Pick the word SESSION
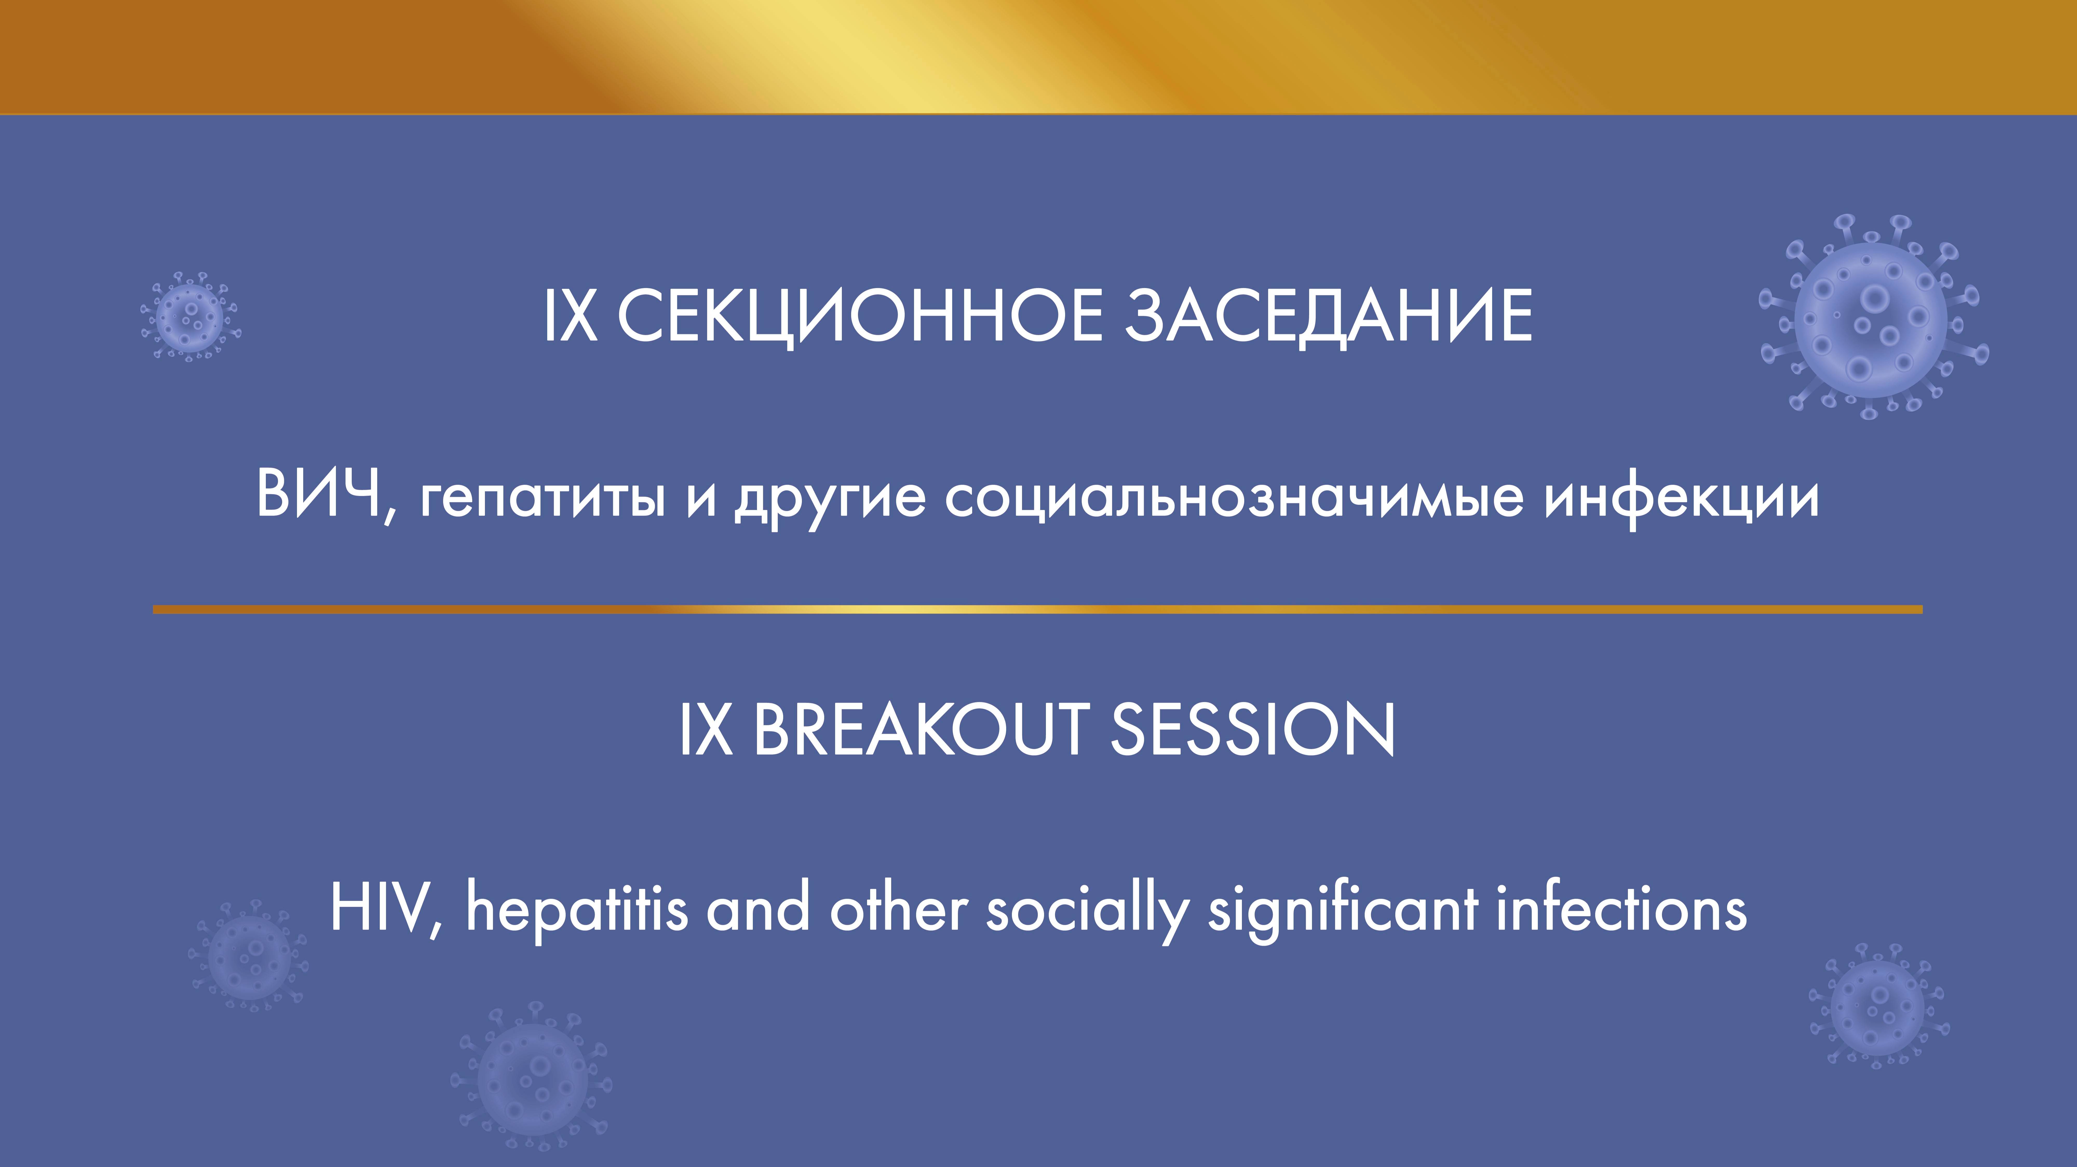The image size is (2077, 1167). coord(1252,729)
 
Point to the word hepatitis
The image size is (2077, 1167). coord(577,911)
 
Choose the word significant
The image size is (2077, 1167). coord(1342,911)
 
